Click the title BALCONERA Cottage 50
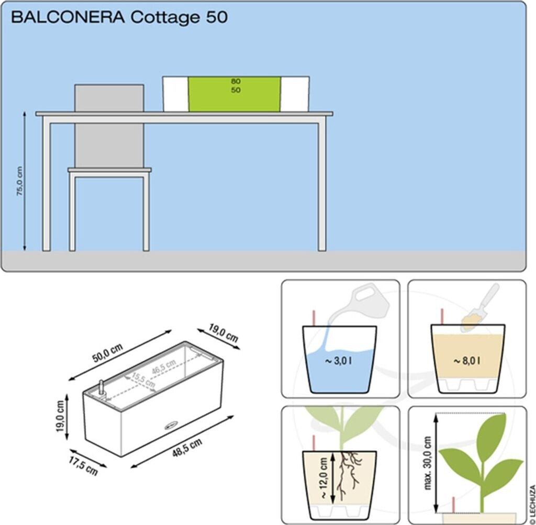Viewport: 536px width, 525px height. tap(119, 17)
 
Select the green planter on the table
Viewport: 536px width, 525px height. tap(235, 94)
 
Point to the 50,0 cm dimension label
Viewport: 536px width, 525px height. tap(107, 353)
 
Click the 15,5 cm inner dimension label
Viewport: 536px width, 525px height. tap(143, 380)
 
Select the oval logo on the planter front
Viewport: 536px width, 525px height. tap(172, 425)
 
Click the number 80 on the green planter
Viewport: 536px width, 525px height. tap(236, 82)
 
